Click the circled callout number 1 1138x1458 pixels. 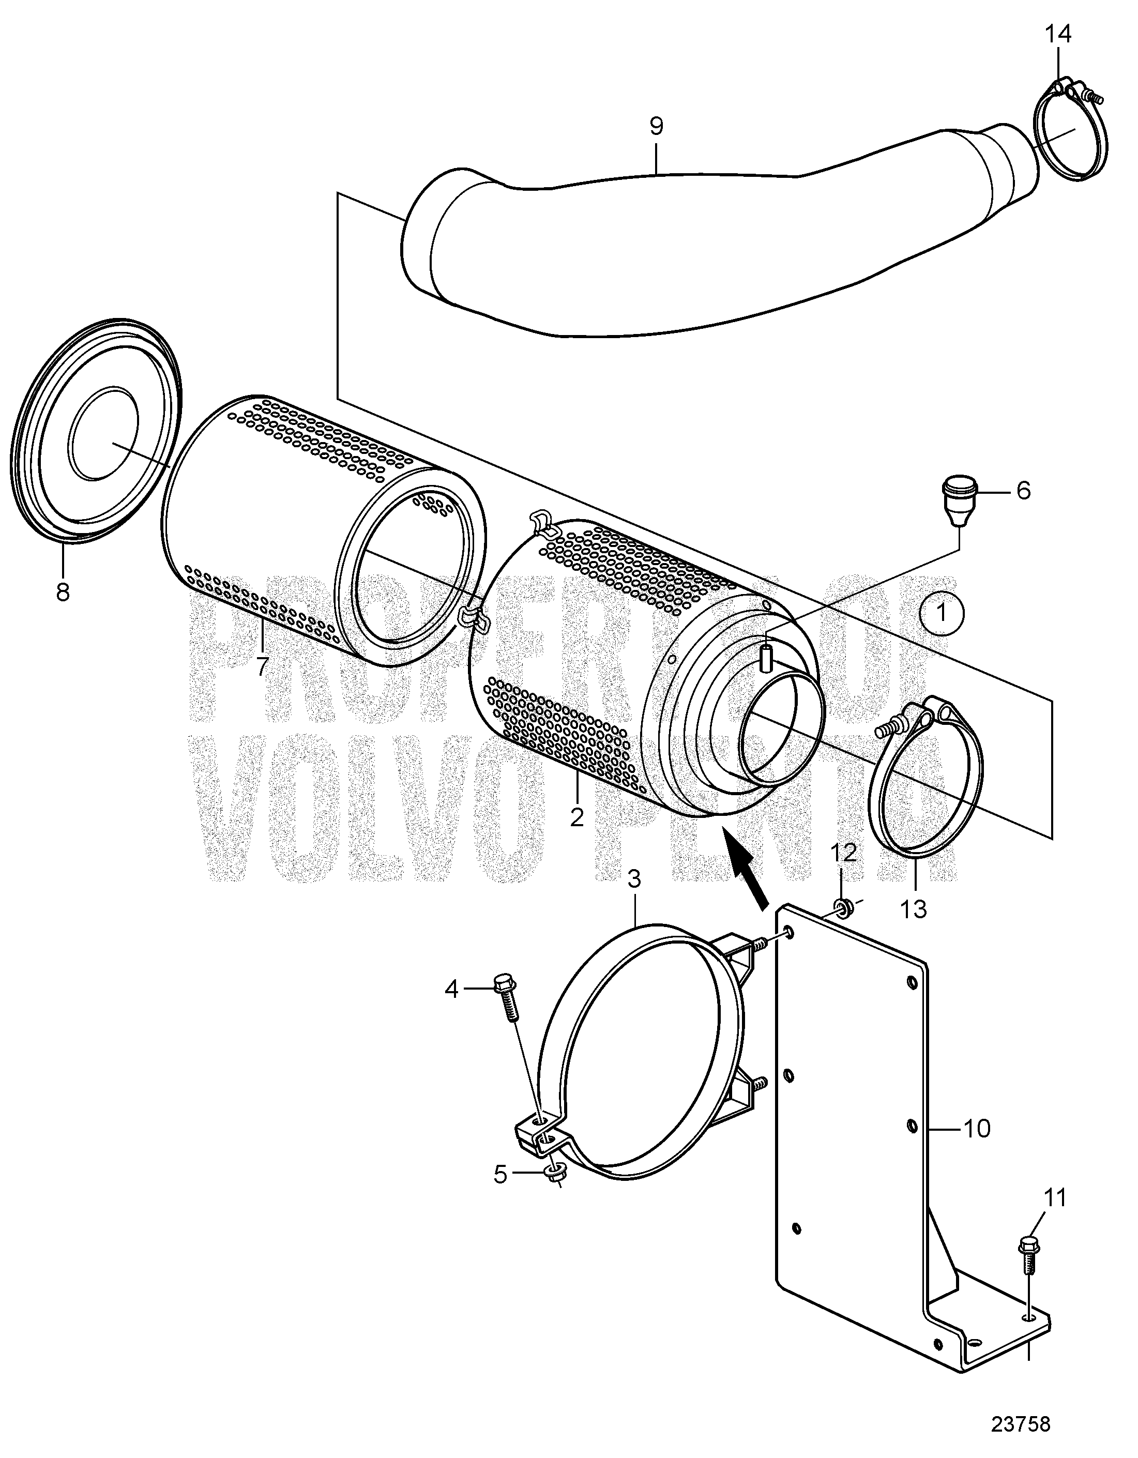tap(941, 612)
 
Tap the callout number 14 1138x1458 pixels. tap(1058, 34)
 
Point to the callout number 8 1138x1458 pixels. tap(63, 591)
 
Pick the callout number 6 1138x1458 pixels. tap(1023, 491)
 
